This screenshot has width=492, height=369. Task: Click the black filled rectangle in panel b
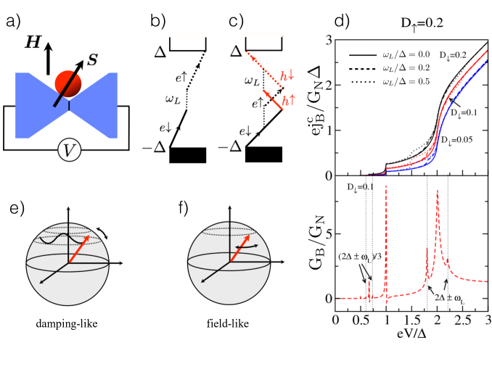coord(189,155)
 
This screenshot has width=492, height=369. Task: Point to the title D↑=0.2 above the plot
coord(411,17)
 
